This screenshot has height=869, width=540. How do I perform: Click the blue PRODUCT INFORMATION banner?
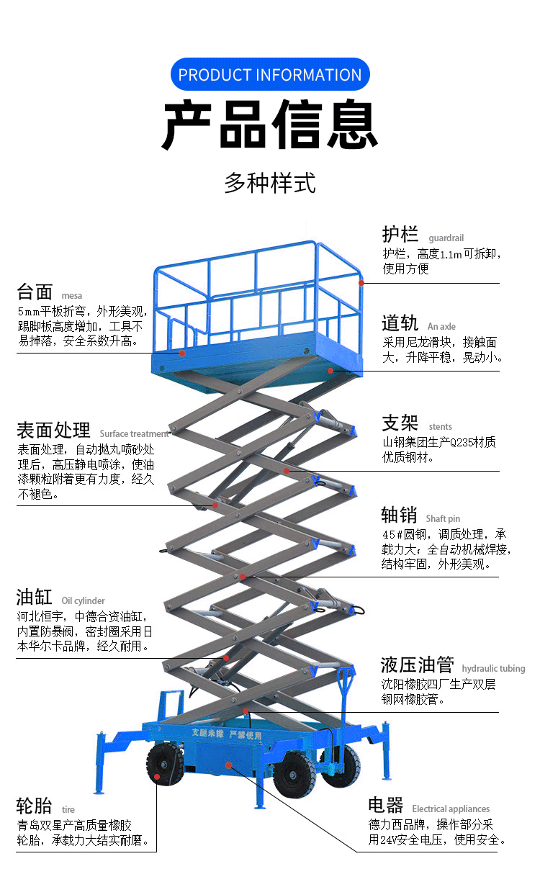tap(270, 74)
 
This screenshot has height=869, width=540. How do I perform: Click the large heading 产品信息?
tap(270, 125)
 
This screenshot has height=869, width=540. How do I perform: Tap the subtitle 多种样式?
tap(270, 182)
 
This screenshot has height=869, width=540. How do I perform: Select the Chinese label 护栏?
tap(400, 235)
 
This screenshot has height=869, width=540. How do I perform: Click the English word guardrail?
tap(446, 238)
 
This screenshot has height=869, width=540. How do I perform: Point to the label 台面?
tap(35, 292)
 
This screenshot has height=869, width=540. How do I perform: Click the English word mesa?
tap(72, 295)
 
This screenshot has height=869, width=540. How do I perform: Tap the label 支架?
tap(400, 423)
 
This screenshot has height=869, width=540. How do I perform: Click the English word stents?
tap(441, 426)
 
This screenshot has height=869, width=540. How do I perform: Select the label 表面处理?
tap(53, 430)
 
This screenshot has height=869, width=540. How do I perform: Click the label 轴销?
tap(400, 515)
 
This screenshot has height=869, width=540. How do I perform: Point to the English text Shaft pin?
tap(443, 518)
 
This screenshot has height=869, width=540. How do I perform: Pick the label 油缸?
tap(35, 597)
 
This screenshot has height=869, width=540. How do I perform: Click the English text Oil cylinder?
tap(83, 600)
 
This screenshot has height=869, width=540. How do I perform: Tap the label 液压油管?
tap(418, 665)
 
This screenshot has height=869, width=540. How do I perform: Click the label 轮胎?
tap(35, 806)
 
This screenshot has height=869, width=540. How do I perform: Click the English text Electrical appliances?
tap(451, 809)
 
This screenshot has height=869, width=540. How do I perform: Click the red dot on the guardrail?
tap(363, 283)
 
